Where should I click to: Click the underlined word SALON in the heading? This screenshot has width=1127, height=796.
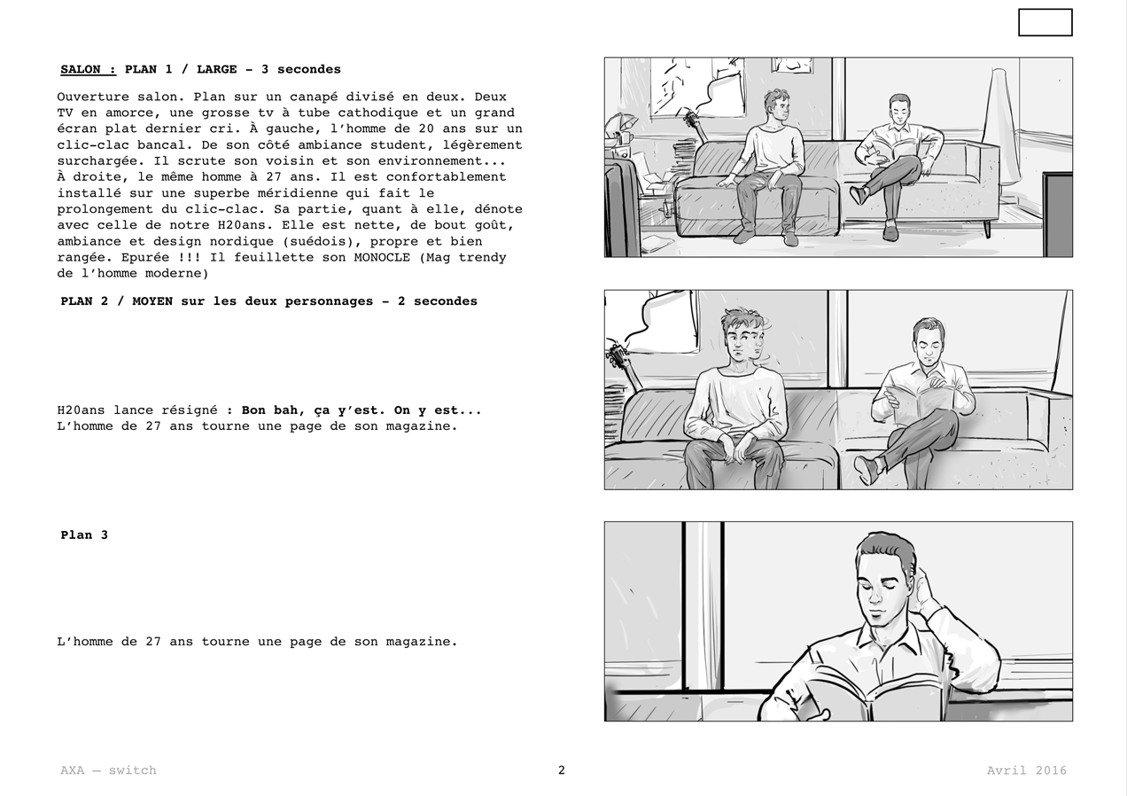(x=81, y=69)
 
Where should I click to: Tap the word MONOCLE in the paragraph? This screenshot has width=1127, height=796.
(x=382, y=257)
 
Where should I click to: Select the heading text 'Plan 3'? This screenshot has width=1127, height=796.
(x=84, y=535)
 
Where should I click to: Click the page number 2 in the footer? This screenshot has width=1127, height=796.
(x=562, y=769)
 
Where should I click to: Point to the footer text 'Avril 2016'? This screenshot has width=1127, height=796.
(x=1026, y=770)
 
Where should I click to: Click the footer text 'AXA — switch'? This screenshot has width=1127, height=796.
(x=108, y=770)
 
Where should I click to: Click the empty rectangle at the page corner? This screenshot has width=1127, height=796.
(x=1045, y=23)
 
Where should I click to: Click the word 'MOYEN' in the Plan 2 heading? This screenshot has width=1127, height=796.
(x=152, y=301)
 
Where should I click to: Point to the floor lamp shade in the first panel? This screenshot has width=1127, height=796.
(x=1000, y=126)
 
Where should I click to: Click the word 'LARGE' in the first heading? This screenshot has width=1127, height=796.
(x=216, y=69)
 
